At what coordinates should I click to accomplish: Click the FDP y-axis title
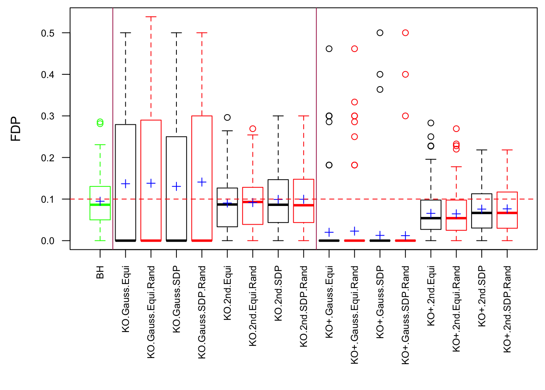coord(16,129)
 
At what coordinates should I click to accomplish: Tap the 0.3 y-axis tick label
coord(48,116)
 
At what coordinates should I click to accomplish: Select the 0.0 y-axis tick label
coord(48,241)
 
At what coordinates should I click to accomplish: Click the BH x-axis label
coord(100,272)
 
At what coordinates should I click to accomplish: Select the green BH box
coord(100,203)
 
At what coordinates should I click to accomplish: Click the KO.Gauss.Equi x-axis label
coord(126,299)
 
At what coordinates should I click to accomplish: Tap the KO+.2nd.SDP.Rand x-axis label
coord(507,309)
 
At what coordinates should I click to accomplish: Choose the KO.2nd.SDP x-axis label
coord(278,293)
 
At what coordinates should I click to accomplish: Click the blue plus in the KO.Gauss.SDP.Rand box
coord(202,182)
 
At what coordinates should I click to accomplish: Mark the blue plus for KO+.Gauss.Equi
coord(329,232)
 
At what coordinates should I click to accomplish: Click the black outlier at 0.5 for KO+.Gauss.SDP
coord(380,33)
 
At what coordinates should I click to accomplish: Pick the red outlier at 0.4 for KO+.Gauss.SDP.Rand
coord(406,74)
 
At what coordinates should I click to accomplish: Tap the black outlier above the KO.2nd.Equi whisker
coord(227,117)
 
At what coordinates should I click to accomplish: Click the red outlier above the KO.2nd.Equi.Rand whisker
coord(253,129)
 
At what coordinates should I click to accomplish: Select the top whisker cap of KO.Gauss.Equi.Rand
coord(151,17)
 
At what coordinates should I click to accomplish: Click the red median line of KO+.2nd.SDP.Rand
coord(507,213)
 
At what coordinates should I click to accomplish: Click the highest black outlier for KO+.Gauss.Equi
coord(329,49)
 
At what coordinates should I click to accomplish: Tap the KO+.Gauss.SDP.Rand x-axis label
coord(406,315)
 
